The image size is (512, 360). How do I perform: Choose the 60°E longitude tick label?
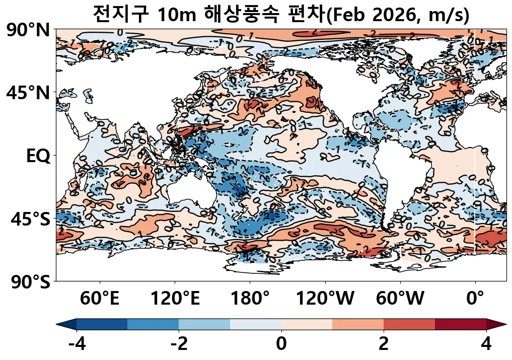[100, 299]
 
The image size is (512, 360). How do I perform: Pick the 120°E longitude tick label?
[175, 299]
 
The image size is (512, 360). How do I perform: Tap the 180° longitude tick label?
[250, 299]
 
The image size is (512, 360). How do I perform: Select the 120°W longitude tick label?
[325, 299]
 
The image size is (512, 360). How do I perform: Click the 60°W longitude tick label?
[400, 299]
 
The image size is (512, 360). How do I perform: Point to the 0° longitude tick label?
[475, 299]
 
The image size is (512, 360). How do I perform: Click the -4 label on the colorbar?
[77, 344]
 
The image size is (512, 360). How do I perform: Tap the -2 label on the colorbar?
[179, 344]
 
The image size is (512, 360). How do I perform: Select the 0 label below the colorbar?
[281, 344]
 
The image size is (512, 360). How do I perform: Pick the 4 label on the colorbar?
[486, 344]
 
